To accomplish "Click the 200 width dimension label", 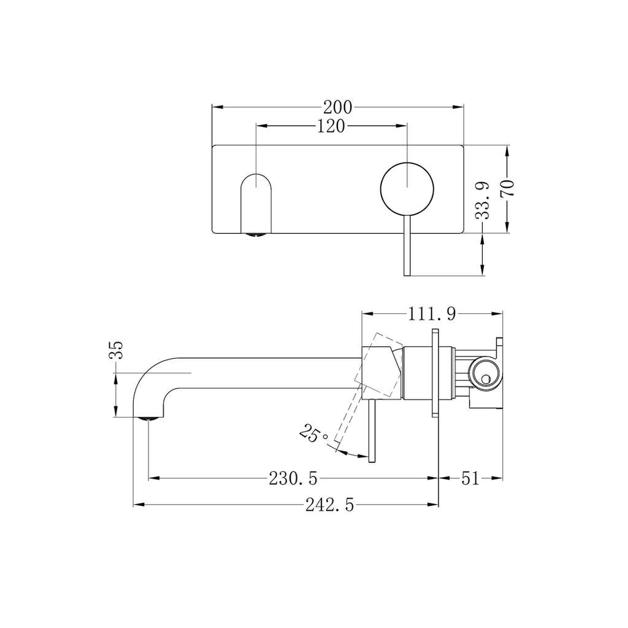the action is [338, 107].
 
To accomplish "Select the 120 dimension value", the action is [331, 126].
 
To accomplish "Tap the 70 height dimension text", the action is [507, 188].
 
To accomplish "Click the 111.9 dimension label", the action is [432, 314].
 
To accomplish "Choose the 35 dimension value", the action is [116, 350].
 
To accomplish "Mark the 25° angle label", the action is [314, 434].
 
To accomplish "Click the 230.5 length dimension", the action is [293, 478].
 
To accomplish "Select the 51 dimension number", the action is [470, 478].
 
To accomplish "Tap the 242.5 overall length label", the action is [330, 505].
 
